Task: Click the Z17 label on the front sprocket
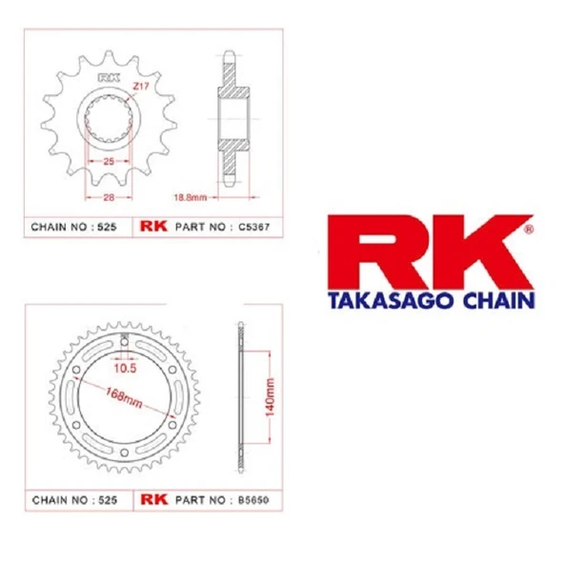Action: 141,87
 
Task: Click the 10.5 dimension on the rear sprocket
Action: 125,367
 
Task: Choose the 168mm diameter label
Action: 121,398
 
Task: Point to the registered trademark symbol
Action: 529,229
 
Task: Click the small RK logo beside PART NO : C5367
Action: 153,228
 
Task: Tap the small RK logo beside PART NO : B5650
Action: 153,498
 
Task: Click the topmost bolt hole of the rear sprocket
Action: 124,344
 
